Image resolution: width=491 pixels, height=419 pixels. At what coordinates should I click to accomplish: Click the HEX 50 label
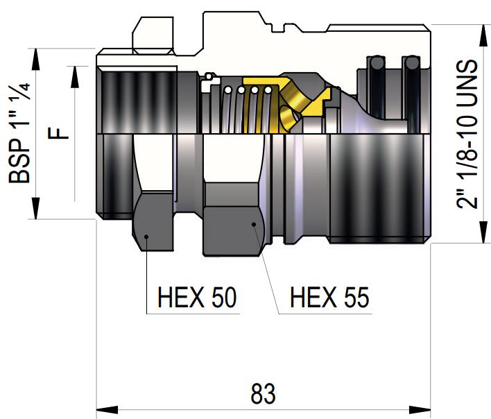click(x=197, y=297)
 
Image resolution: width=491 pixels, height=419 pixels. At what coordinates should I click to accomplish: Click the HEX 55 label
click(x=329, y=297)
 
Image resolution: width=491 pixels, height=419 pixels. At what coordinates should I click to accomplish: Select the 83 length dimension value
click(x=263, y=393)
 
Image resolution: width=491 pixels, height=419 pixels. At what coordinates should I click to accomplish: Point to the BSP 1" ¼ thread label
click(x=19, y=132)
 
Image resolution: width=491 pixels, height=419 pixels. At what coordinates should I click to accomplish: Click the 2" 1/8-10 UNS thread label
click(x=467, y=134)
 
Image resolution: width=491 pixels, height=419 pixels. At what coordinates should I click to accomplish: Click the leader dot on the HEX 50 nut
click(x=146, y=237)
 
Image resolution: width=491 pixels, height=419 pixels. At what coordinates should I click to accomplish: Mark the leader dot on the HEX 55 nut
click(x=254, y=224)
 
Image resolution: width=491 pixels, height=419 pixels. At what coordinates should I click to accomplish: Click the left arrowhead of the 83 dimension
click(x=107, y=409)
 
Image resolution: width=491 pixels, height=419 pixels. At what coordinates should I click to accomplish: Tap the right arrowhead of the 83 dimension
click(x=420, y=409)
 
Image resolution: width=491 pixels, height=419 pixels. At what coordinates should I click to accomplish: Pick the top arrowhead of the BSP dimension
click(x=35, y=59)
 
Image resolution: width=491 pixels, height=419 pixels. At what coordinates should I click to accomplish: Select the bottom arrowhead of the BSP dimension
click(x=35, y=208)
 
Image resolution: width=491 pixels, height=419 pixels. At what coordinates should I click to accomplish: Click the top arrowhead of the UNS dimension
click(x=483, y=35)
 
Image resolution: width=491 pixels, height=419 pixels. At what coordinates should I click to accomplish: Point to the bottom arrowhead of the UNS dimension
click(x=483, y=232)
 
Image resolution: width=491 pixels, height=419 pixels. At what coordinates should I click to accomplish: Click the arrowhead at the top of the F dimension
click(x=75, y=77)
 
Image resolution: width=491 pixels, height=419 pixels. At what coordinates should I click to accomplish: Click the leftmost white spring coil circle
click(x=228, y=90)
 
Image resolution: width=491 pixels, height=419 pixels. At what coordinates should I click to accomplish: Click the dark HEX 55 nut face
click(x=233, y=231)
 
